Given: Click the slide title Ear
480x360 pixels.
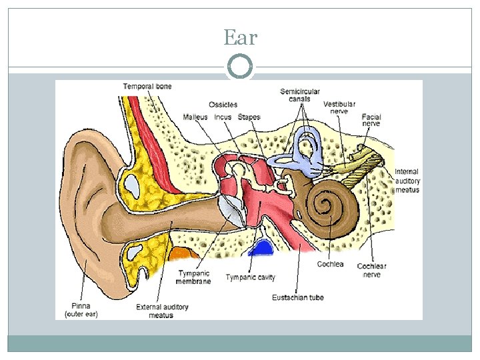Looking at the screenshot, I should (240, 37).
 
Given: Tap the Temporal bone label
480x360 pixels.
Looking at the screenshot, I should (147, 86).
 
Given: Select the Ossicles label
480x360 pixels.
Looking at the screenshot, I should (223, 105).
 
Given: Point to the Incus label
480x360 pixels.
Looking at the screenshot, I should (223, 117).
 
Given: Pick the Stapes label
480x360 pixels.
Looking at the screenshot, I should (249, 117).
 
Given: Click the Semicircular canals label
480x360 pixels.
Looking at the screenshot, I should (300, 95).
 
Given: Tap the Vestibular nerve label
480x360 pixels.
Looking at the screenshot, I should (339, 107).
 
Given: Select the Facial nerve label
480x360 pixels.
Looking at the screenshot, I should (371, 120).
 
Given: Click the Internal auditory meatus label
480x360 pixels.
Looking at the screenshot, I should (407, 181).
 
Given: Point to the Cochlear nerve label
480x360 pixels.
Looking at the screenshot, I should (371, 270).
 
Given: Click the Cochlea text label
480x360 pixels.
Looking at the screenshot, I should (330, 264).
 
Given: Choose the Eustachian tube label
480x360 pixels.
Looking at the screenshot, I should (298, 297).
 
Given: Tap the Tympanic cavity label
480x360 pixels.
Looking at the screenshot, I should (250, 277).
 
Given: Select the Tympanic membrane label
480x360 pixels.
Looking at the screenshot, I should (193, 277).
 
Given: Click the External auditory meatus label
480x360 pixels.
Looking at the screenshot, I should (162, 311).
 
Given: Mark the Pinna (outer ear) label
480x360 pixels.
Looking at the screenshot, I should (81, 309).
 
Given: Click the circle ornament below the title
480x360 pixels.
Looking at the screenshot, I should (240, 67).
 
